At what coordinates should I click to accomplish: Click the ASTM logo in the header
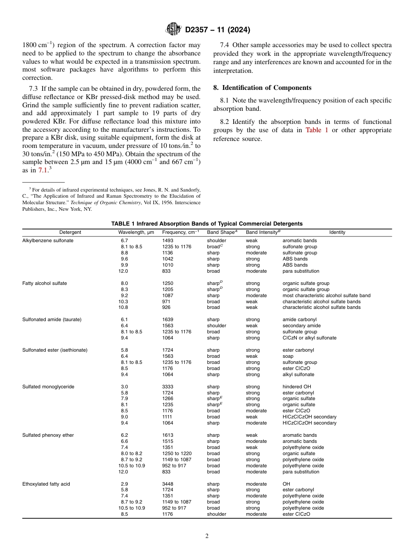point(174,30)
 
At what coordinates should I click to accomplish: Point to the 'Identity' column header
point(337,232)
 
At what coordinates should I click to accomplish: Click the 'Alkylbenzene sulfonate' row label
point(48,240)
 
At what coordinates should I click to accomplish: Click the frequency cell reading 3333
point(167,387)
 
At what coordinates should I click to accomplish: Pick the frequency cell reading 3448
point(167,484)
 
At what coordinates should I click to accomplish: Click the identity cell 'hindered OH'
point(297,387)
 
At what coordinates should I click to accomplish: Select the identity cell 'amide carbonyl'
point(299,319)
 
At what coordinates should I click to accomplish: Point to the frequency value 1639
point(167,319)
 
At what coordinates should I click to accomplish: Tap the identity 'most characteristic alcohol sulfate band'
point(326,295)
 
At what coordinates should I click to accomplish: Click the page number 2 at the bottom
point(207,536)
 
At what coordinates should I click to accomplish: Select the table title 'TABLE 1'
point(123,223)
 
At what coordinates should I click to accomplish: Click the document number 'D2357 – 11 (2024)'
point(217,30)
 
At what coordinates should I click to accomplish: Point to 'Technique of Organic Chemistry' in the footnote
point(105,202)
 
